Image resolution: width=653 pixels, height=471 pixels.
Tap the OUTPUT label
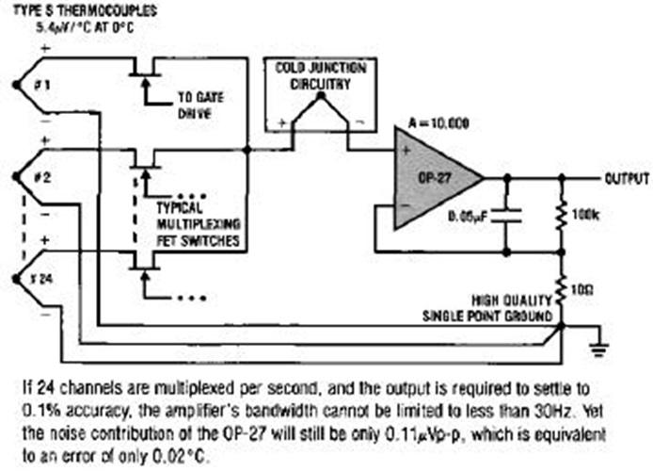coord(626,177)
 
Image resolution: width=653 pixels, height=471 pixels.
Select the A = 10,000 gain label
coord(432,122)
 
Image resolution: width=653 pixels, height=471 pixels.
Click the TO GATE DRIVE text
coord(201,105)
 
